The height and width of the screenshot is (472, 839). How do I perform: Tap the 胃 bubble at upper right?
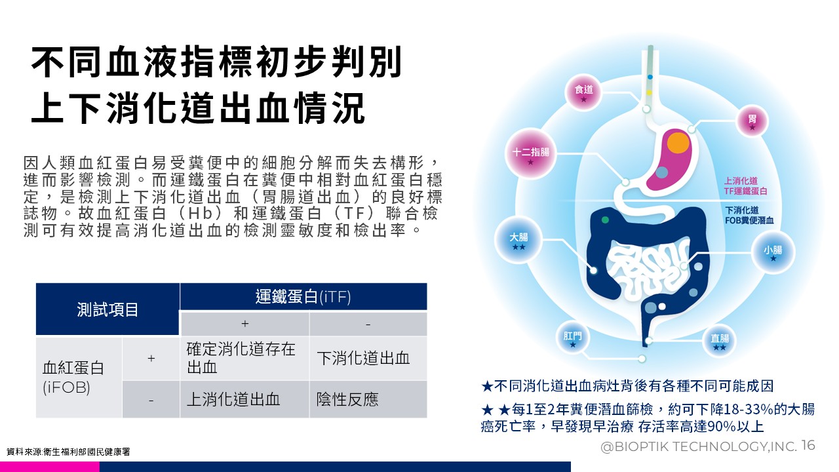(752, 121)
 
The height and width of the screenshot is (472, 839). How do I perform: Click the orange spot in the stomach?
(678, 142)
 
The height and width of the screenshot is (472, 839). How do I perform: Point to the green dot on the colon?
(605, 220)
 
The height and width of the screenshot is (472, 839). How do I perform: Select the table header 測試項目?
(107, 309)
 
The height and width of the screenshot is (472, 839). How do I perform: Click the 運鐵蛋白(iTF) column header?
(303, 297)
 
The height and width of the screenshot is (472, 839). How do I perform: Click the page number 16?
(809, 445)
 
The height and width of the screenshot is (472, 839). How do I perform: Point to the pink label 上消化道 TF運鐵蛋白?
(745, 186)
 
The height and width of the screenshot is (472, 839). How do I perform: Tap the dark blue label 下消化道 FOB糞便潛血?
(749, 216)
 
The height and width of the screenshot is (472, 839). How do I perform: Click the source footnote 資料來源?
(68, 452)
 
